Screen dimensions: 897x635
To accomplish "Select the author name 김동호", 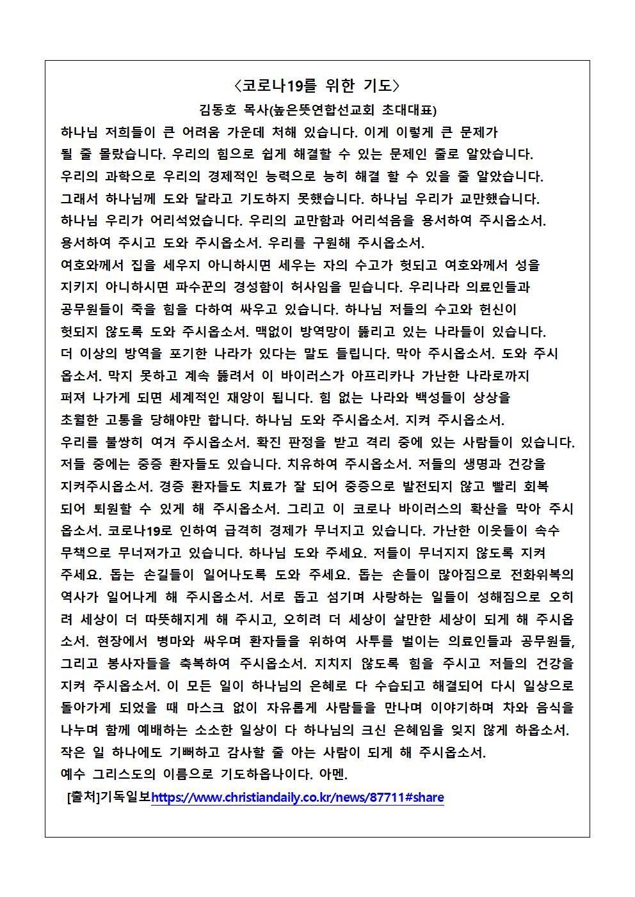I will (218, 110).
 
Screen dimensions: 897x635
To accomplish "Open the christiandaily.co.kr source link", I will (297, 798).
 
